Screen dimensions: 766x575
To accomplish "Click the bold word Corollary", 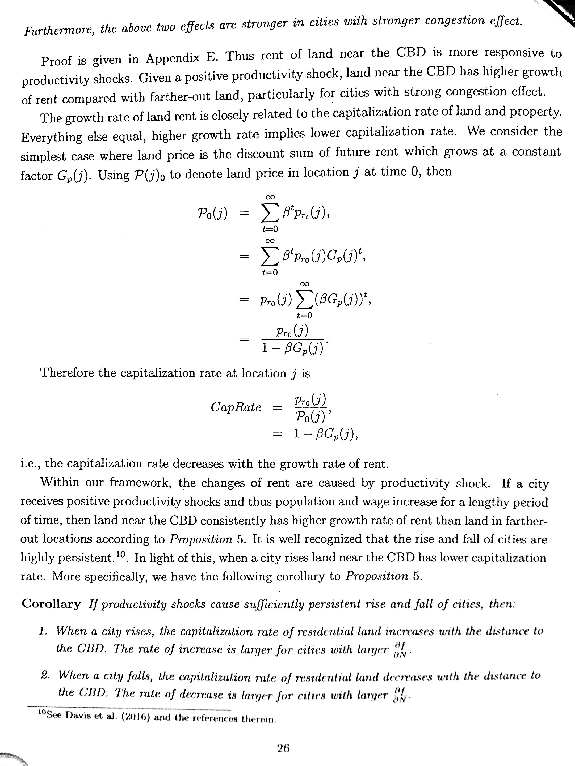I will click(51, 604).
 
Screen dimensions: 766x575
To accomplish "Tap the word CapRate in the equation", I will click(236, 407).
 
